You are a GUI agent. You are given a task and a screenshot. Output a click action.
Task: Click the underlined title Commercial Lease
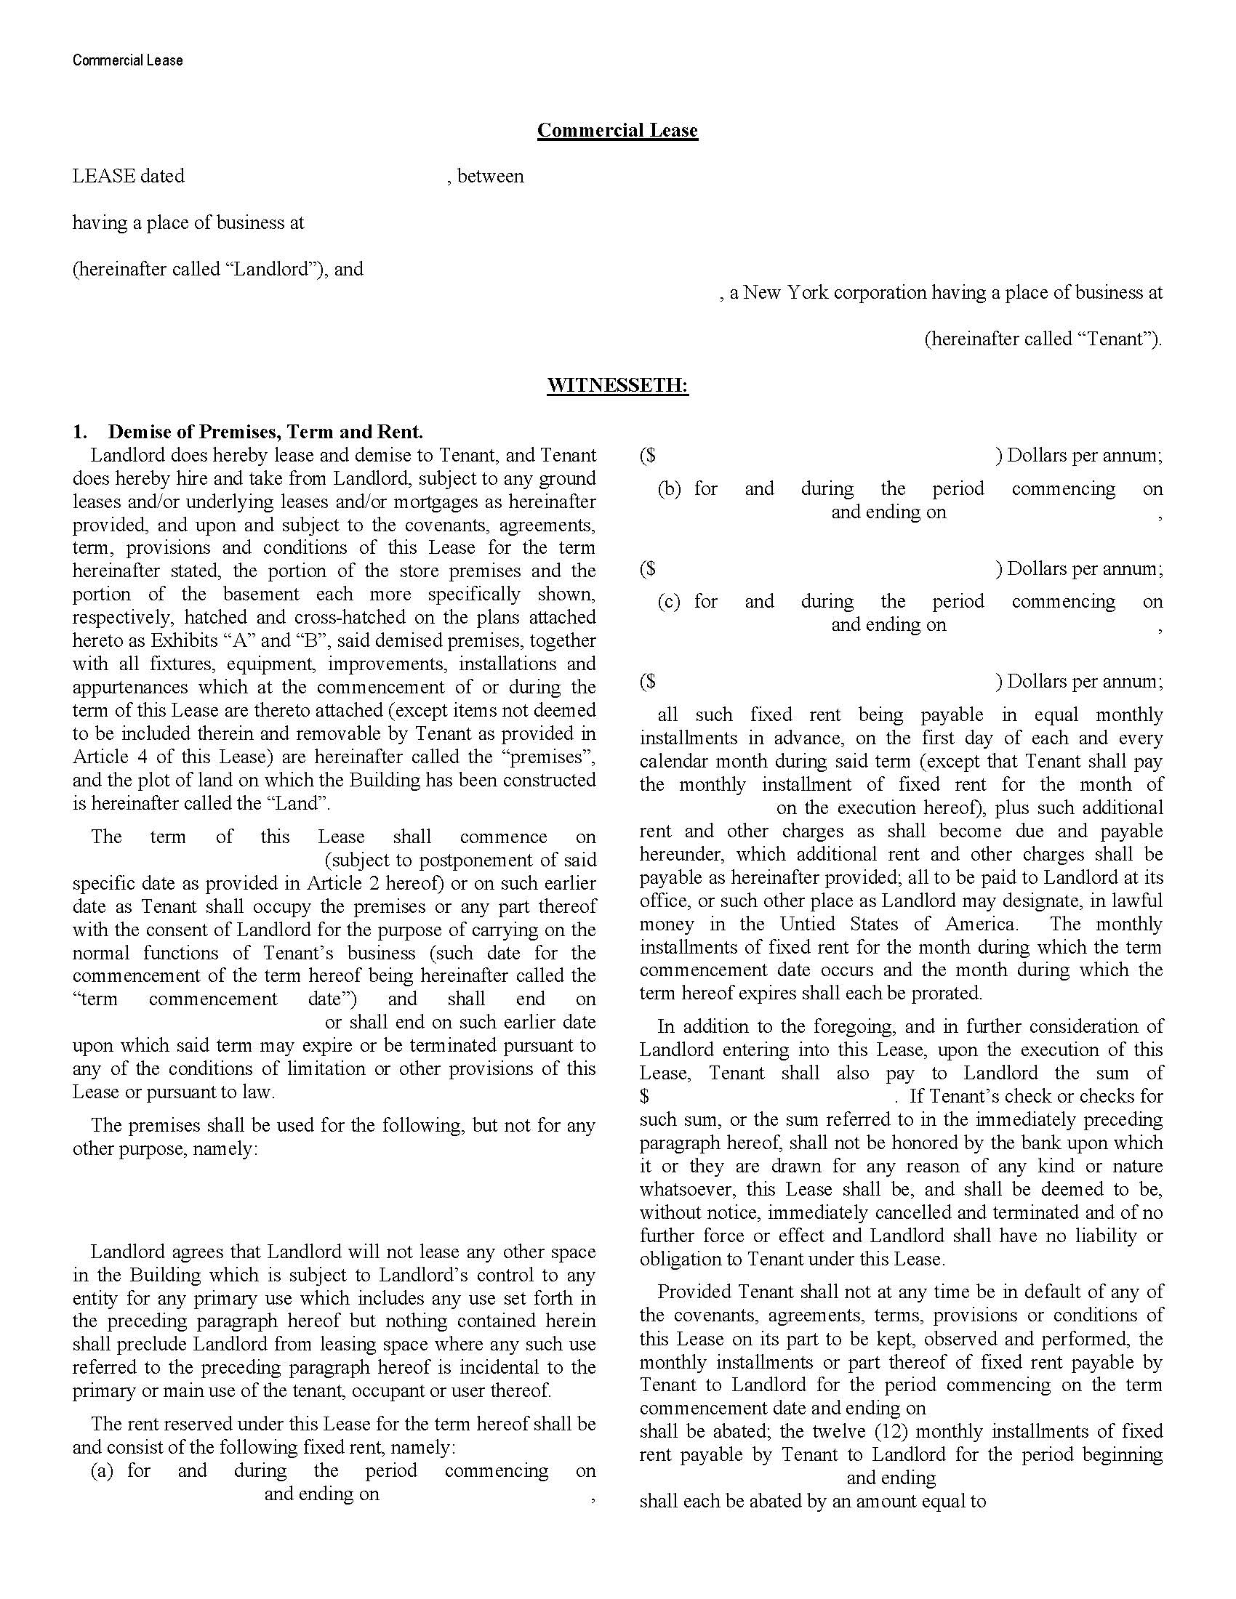point(617,130)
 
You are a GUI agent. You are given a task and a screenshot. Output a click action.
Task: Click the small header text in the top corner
point(127,60)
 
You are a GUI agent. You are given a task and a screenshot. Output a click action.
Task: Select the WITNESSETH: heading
point(617,385)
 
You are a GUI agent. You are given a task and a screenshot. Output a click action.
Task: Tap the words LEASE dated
point(128,177)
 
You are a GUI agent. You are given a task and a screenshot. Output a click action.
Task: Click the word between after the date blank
point(490,177)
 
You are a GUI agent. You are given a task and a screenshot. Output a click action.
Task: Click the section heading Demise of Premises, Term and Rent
point(265,432)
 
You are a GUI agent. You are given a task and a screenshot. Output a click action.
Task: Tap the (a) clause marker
point(102,1471)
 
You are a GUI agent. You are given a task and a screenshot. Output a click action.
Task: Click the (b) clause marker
point(669,489)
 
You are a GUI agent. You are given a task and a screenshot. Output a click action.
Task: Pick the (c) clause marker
point(669,602)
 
